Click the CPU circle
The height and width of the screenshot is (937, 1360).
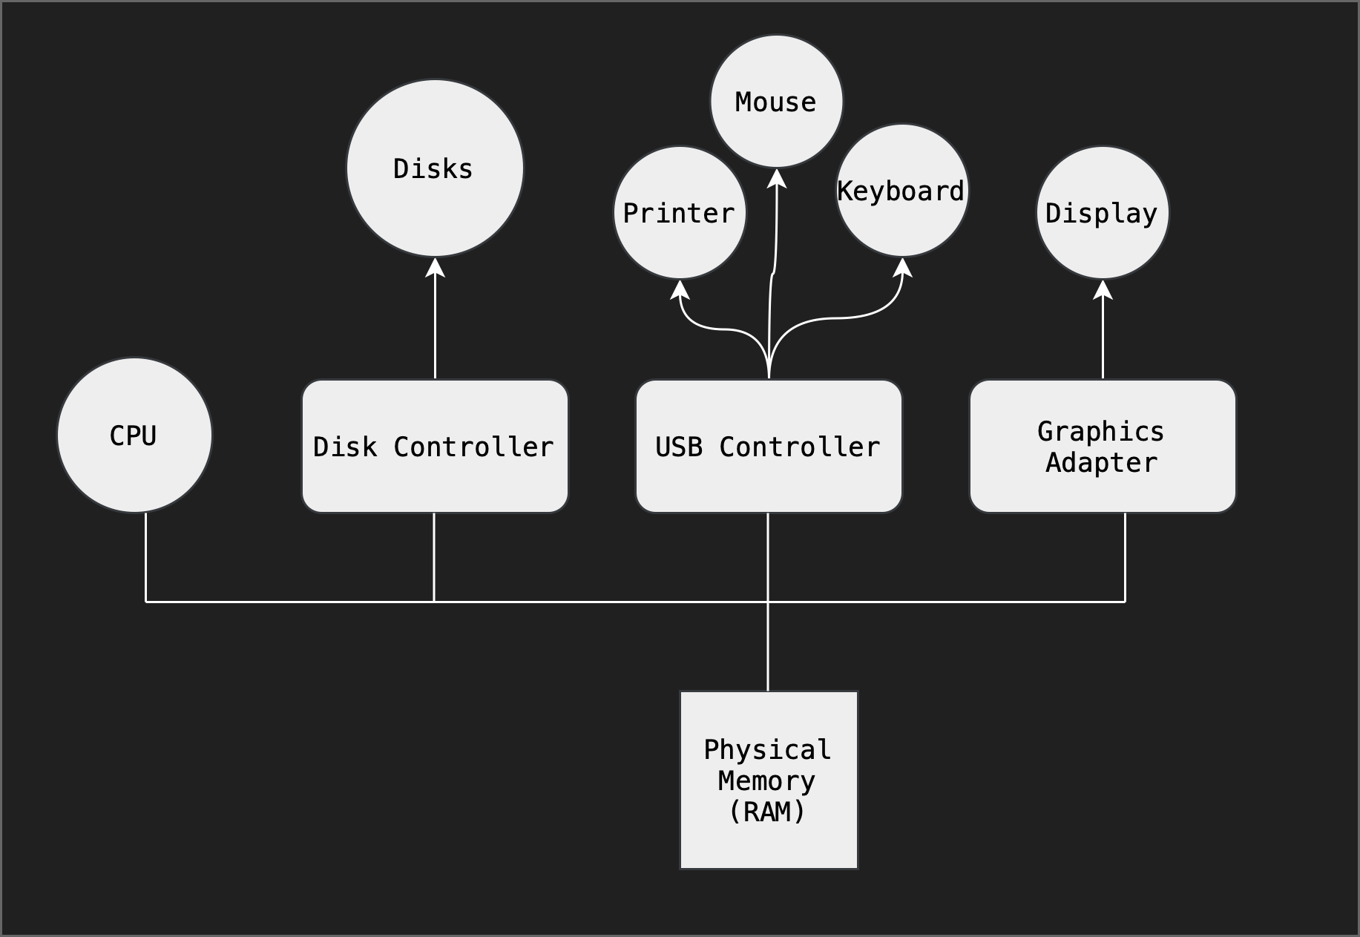pos(134,435)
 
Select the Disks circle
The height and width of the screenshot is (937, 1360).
pos(435,168)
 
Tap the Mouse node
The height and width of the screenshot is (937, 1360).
pos(776,102)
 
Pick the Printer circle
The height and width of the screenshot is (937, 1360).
pos(680,213)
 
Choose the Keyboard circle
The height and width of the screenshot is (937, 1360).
pos(902,191)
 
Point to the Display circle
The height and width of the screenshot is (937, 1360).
pos(1103,213)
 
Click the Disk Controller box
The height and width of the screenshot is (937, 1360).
pos(435,447)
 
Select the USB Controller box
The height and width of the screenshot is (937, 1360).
pos(769,447)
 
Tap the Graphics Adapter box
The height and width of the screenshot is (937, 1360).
pos(1103,447)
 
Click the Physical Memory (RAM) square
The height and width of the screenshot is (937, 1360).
pos(769,780)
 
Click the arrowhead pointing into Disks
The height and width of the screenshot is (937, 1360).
pos(435,267)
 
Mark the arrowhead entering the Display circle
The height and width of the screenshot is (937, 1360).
pos(1103,289)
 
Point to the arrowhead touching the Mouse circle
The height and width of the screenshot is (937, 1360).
pos(777,179)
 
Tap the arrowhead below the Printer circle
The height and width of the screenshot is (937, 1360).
pos(680,290)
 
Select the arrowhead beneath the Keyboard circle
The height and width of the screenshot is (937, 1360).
pos(903,268)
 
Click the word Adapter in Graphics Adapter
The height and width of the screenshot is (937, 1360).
pos(1102,463)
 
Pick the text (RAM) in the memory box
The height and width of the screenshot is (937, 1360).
pos(767,812)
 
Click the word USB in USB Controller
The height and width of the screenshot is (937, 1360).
pos(679,447)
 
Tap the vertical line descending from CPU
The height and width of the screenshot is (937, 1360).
pos(145,556)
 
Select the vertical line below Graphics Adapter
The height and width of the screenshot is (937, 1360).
pos(1125,556)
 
